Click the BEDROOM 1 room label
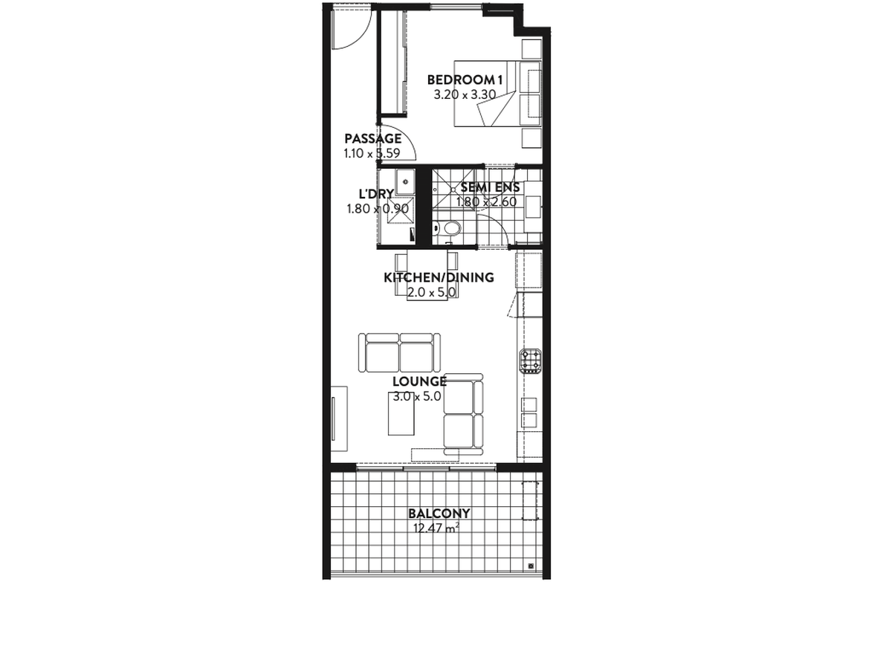point(465,80)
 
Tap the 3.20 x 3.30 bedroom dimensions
point(465,94)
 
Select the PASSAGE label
point(372,138)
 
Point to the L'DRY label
point(376,194)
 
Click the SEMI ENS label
point(490,187)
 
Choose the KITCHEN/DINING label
point(439,277)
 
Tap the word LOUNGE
point(419,381)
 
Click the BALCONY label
point(439,514)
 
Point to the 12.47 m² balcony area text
point(436,528)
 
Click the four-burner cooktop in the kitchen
point(531,361)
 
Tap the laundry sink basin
point(405,181)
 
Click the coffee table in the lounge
point(401,413)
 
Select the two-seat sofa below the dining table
point(399,352)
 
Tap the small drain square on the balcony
point(531,566)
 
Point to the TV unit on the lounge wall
point(339,418)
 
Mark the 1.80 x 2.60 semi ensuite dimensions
point(486,202)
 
